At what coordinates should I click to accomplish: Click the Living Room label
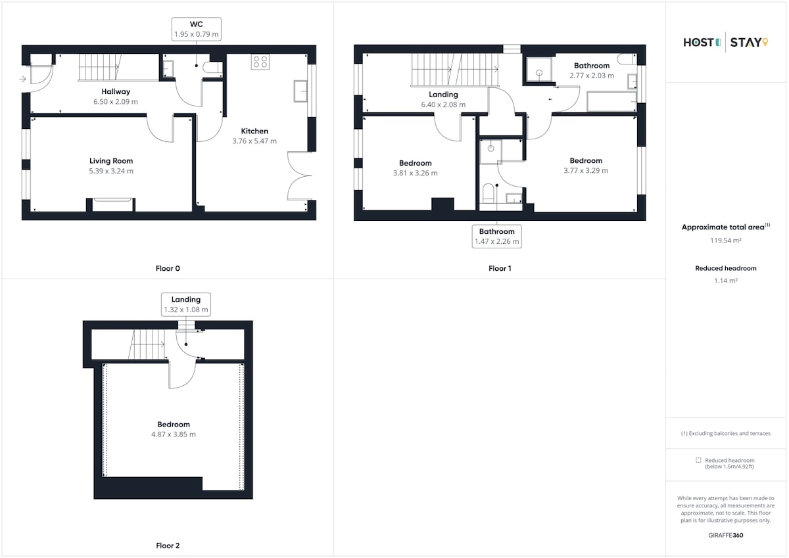pyautogui.click(x=111, y=161)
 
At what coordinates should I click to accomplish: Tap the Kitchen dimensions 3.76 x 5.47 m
pyautogui.click(x=254, y=141)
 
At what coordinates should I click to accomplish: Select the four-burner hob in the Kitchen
pyautogui.click(x=260, y=62)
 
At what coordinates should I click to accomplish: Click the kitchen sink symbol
pyautogui.click(x=300, y=91)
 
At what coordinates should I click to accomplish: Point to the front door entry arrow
pyautogui.click(x=22, y=80)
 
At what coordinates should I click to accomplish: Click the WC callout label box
pyautogui.click(x=196, y=29)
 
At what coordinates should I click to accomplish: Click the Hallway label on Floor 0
pyautogui.click(x=116, y=91)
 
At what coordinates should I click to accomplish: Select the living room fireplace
pyautogui.click(x=110, y=205)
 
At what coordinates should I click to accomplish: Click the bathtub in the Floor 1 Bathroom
pyautogui.click(x=611, y=101)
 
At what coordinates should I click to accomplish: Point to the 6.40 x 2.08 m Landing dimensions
pyautogui.click(x=443, y=105)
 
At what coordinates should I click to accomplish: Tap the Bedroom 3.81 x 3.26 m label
pyautogui.click(x=416, y=168)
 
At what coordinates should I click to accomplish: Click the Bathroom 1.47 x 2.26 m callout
pyautogui.click(x=496, y=236)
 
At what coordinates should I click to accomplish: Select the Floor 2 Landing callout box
pyautogui.click(x=186, y=304)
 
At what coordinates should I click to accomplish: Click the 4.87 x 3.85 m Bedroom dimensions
pyautogui.click(x=174, y=434)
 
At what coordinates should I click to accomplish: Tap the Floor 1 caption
pyautogui.click(x=500, y=268)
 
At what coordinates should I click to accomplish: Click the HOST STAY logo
pyautogui.click(x=726, y=42)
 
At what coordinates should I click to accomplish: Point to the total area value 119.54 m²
pyautogui.click(x=726, y=241)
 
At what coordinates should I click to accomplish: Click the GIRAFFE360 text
pyautogui.click(x=726, y=535)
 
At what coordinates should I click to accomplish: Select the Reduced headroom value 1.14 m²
pyautogui.click(x=726, y=281)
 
